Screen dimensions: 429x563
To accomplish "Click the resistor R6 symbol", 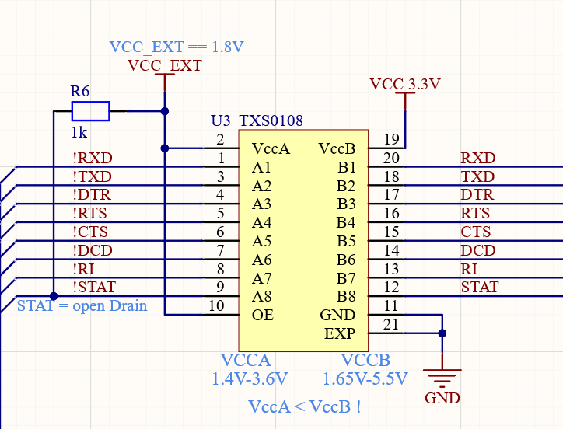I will pyautogui.click(x=90, y=111).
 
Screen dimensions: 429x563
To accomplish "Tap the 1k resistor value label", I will pyautogui.click(x=79, y=131).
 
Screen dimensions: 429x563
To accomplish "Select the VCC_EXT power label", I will pyautogui.click(x=164, y=66).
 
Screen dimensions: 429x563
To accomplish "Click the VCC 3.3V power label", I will pyautogui.click(x=405, y=85).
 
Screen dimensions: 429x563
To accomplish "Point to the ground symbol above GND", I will pyautogui.click(x=442, y=378).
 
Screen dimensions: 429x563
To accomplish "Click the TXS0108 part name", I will pyautogui.click(x=271, y=121).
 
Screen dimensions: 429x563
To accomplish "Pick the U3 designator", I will pyautogui.click(x=222, y=121).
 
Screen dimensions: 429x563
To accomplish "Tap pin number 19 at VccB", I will pyautogui.click(x=391, y=140).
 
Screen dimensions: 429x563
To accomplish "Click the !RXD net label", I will pyautogui.click(x=92, y=159).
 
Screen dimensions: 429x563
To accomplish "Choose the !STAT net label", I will pyautogui.click(x=94, y=288).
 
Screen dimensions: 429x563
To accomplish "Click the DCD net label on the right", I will pyautogui.click(x=477, y=251).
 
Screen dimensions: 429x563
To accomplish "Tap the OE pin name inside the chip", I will pyautogui.click(x=263, y=316).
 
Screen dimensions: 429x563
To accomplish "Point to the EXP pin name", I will pyautogui.click(x=339, y=334).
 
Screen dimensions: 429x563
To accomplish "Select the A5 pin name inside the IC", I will pyautogui.click(x=262, y=242).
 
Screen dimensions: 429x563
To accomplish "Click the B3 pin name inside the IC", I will pyautogui.click(x=346, y=204).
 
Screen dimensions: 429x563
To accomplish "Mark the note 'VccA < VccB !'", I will pyautogui.click(x=304, y=406).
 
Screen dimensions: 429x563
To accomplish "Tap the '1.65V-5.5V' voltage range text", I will pyautogui.click(x=365, y=379).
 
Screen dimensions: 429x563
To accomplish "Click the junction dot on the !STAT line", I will pyautogui.click(x=54, y=296).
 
